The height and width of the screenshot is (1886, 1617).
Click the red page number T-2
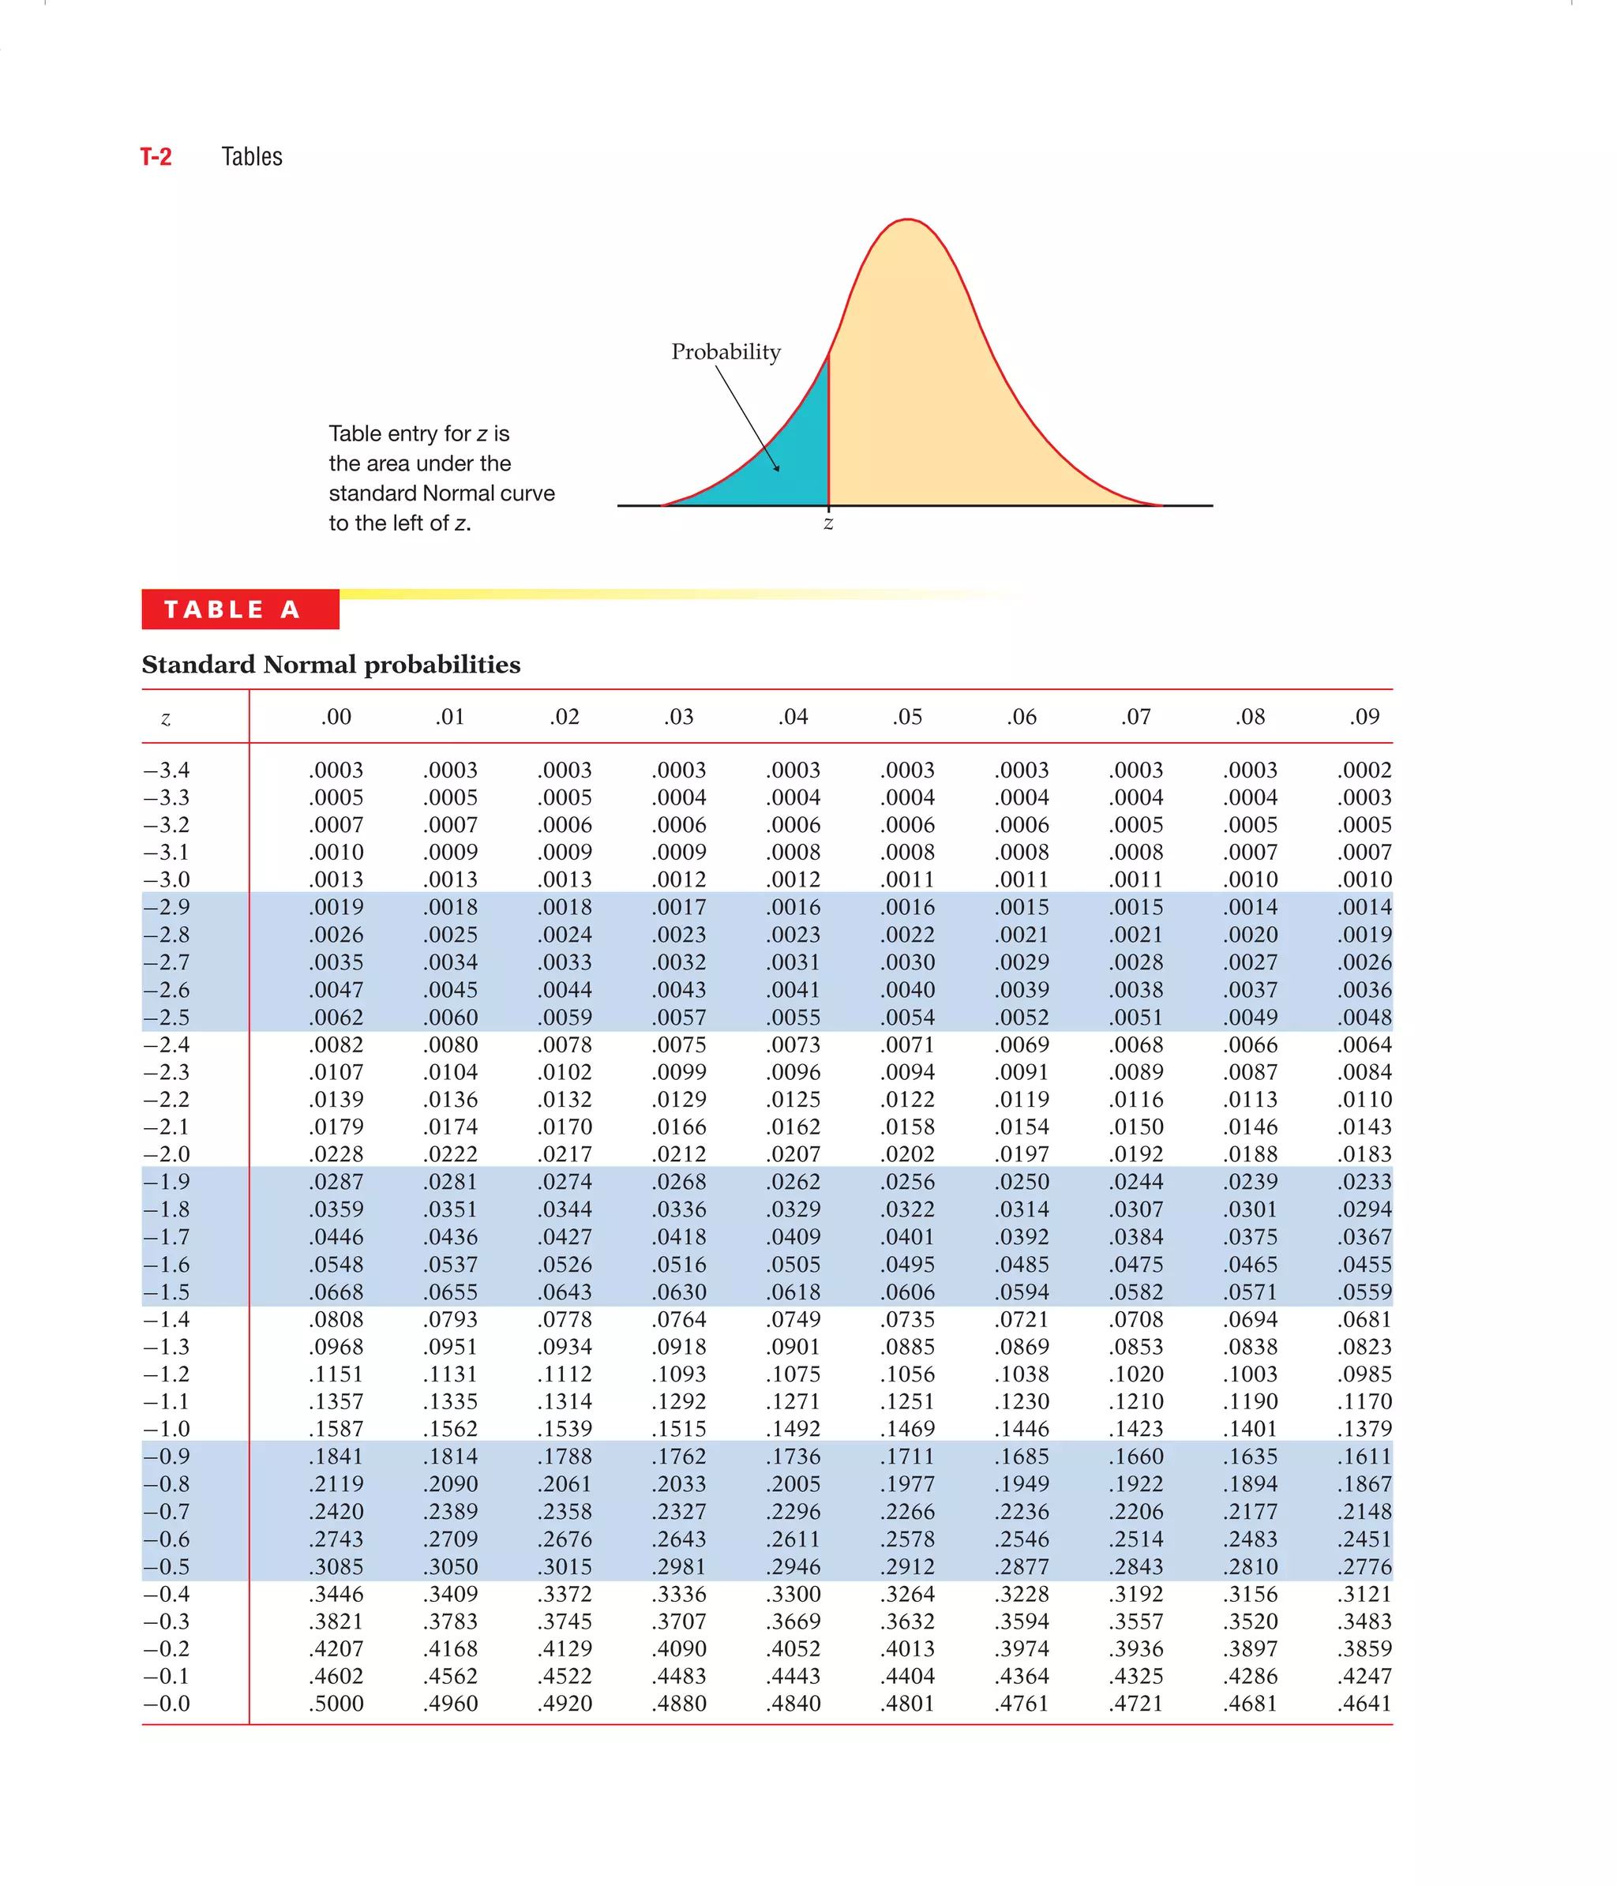pyautogui.click(x=156, y=157)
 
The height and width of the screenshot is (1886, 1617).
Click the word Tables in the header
pyautogui.click(x=251, y=157)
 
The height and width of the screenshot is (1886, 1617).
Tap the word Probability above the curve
pyautogui.click(x=726, y=352)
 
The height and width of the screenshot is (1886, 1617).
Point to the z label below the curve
pyautogui.click(x=827, y=523)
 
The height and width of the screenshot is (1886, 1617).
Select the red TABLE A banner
pyautogui.click(x=240, y=609)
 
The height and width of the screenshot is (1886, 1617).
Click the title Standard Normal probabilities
pyautogui.click(x=332, y=665)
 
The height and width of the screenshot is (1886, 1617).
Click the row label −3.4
pyautogui.click(x=167, y=770)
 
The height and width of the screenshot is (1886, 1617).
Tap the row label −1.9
pyautogui.click(x=167, y=1182)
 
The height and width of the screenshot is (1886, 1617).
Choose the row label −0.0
pyautogui.click(x=167, y=1703)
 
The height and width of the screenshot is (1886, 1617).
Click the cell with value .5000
pyautogui.click(x=336, y=1703)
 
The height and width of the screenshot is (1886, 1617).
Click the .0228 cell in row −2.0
pyautogui.click(x=336, y=1154)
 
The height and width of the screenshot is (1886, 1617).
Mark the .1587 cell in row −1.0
pyautogui.click(x=336, y=1429)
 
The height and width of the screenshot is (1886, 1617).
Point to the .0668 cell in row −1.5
pyautogui.click(x=336, y=1292)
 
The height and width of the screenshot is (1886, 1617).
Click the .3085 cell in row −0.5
pyautogui.click(x=336, y=1566)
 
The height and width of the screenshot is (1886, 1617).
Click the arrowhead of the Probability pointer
pyautogui.click(x=778, y=469)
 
